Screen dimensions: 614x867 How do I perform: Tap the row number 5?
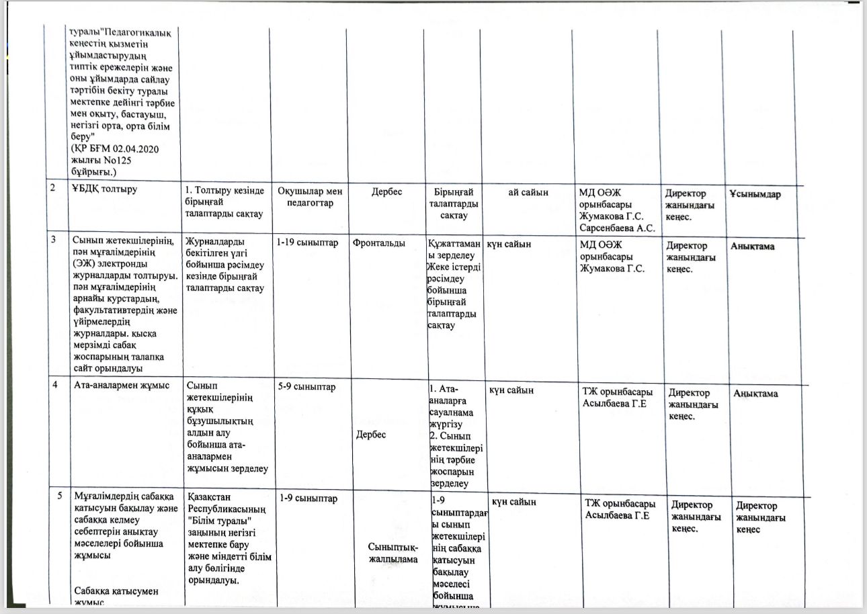60,496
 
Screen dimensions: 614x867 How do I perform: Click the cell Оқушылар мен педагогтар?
310,197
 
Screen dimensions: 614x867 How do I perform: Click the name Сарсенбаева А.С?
617,228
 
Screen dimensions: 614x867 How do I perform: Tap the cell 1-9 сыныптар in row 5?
307,498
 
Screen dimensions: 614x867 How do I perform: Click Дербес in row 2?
386,191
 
